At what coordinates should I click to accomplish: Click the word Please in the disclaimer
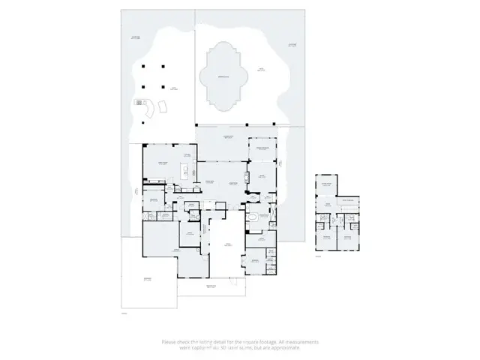click(170, 341)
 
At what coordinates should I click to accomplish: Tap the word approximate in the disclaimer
click(285, 347)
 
